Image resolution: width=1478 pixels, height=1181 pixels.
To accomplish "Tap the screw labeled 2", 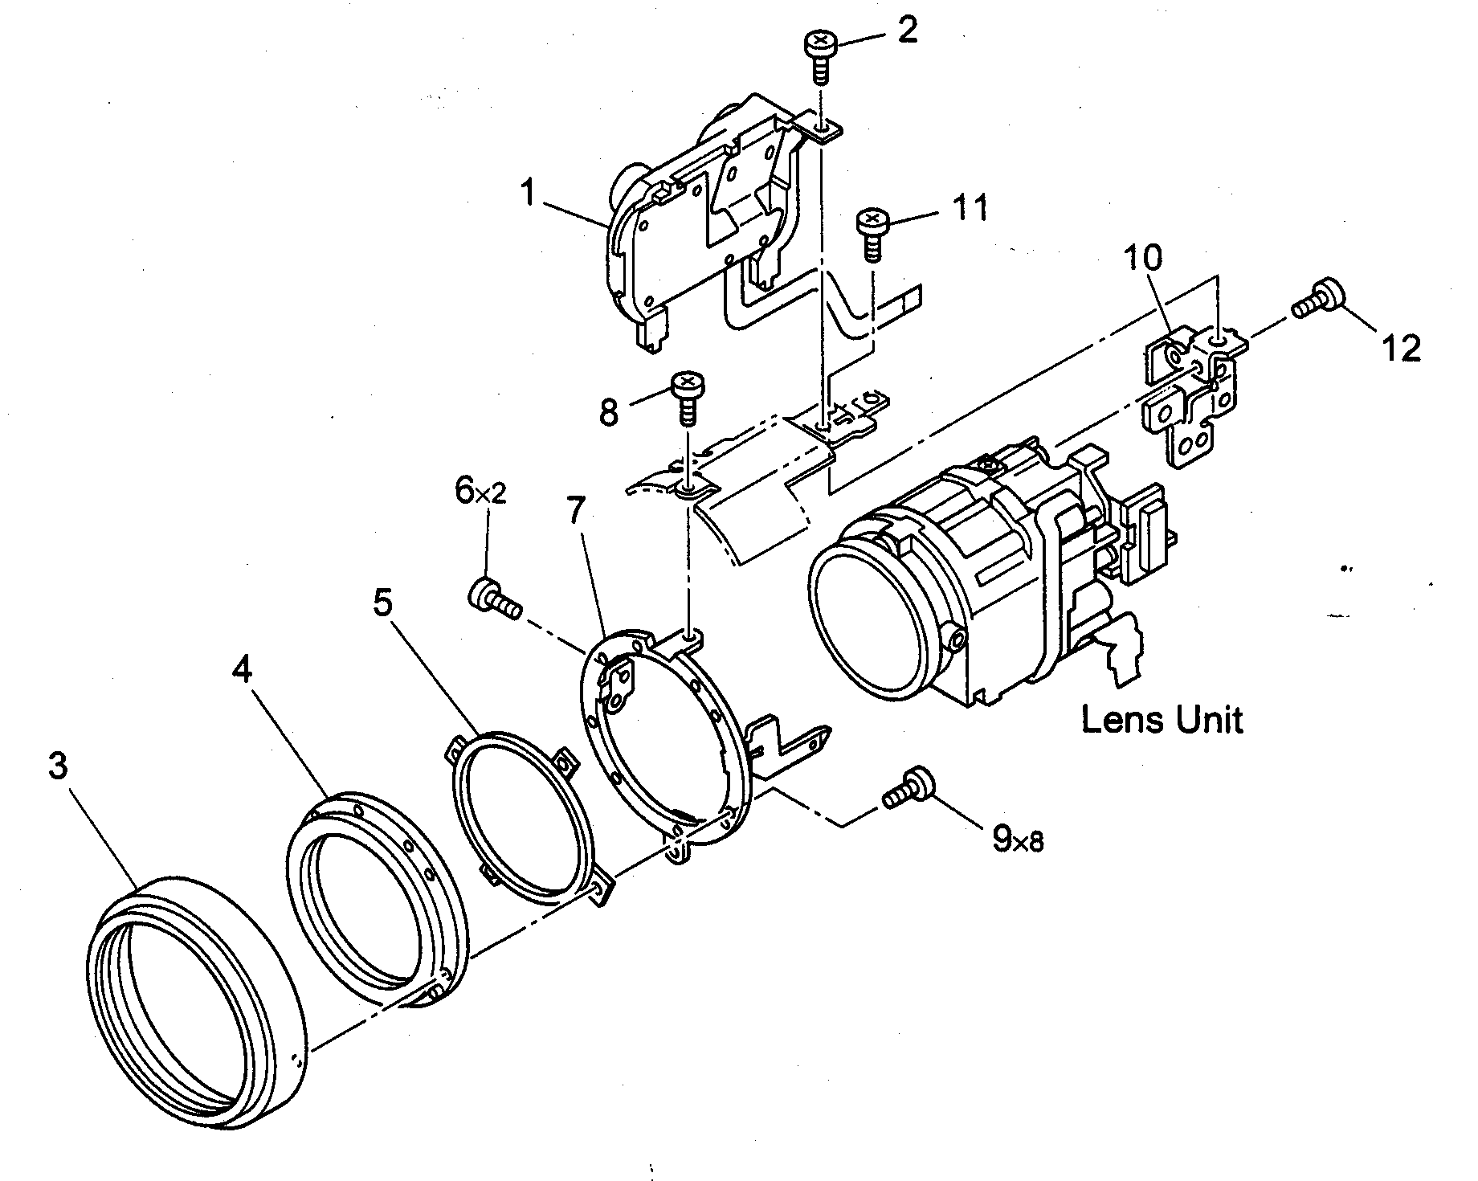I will (818, 53).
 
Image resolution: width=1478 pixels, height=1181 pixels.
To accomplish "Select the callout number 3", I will (57, 766).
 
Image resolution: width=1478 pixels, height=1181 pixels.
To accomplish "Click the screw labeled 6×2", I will (489, 597).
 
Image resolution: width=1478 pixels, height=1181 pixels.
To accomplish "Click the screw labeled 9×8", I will (909, 788).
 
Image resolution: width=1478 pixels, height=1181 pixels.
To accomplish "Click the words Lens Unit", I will (1162, 719).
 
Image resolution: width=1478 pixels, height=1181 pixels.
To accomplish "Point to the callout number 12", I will (1401, 348).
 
